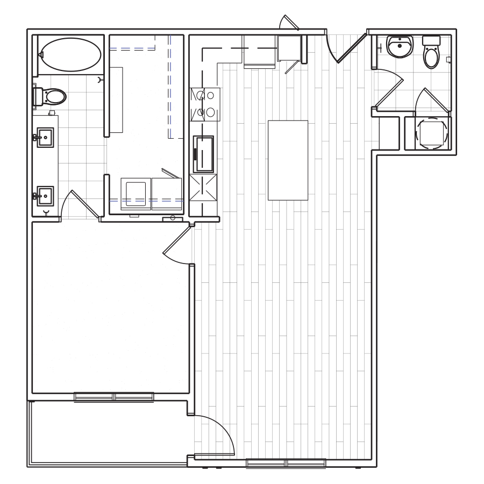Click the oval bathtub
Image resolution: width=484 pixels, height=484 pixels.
click(70, 55)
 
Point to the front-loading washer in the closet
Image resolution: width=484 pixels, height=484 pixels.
click(134, 191)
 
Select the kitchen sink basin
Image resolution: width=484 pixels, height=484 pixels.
click(204, 153)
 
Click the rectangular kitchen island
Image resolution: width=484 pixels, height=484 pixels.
click(288, 160)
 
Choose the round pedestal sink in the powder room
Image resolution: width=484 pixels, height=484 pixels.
click(401, 47)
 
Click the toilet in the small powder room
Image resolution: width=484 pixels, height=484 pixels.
click(432, 53)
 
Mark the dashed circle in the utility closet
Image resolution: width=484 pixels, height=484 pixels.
click(433, 133)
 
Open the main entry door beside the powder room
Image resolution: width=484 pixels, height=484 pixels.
click(350, 48)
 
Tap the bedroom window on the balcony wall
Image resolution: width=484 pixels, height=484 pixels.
click(113, 396)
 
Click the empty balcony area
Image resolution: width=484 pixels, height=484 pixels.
click(108, 430)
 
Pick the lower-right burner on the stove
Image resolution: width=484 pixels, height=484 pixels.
click(210, 112)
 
